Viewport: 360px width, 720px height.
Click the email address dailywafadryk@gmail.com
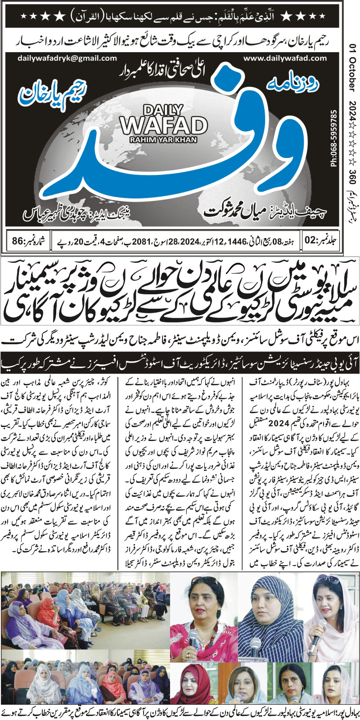pos(67,58)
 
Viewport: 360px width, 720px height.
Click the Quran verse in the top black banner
pos(180,17)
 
